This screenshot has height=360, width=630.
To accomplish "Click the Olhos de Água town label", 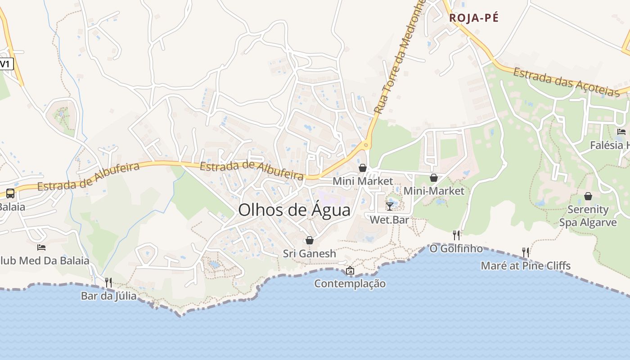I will (294, 210).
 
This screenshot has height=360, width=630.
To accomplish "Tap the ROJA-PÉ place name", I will (474, 18).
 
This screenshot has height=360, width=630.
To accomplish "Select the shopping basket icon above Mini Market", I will (362, 168).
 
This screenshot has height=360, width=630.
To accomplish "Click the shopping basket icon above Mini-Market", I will (434, 178).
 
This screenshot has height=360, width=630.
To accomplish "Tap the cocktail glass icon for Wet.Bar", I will (390, 206).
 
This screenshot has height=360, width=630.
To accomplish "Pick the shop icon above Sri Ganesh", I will (309, 240).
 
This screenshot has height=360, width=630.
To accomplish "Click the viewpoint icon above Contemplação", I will (350, 270).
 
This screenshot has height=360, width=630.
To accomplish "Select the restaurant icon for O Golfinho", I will (456, 235).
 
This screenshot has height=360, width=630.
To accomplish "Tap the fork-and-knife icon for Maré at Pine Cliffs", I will (525, 252).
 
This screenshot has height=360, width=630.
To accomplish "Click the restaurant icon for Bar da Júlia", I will (108, 282).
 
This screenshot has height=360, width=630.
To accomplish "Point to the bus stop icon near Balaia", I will (10, 193).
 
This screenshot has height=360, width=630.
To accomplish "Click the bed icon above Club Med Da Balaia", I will (41, 247).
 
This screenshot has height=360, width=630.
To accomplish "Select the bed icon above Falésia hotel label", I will (621, 132).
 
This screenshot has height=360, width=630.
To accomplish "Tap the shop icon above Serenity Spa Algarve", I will (588, 196).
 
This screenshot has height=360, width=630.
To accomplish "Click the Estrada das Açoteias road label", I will (566, 82).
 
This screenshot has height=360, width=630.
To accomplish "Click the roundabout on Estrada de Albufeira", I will (366, 145).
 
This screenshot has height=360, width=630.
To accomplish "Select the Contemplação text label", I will (350, 283).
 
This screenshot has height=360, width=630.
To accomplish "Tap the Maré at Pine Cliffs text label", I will (526, 265).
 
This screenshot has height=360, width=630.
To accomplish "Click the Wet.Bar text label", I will (389, 220).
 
